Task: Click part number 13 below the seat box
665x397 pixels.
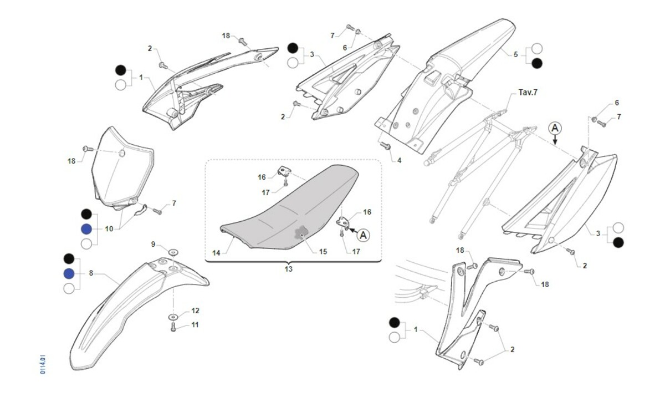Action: pyautogui.click(x=288, y=269)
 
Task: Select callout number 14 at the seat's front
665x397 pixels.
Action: pyautogui.click(x=216, y=253)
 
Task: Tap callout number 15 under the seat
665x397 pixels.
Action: pyautogui.click(x=323, y=251)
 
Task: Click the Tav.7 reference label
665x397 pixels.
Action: pyautogui.click(x=528, y=92)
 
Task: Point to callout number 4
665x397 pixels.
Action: pyautogui.click(x=398, y=160)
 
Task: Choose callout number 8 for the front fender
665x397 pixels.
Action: pyautogui.click(x=91, y=273)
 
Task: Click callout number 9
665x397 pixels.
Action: pyautogui.click(x=154, y=244)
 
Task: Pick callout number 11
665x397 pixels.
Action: pyautogui.click(x=195, y=325)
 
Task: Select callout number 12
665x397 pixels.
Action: pyautogui.click(x=195, y=311)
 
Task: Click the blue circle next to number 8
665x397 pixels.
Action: pyautogui.click(x=69, y=273)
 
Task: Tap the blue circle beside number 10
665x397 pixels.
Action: pyautogui.click(x=86, y=229)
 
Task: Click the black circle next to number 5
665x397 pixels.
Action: pyautogui.click(x=537, y=63)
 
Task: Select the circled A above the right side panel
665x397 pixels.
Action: pyautogui.click(x=555, y=129)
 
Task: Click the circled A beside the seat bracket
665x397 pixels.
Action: pyautogui.click(x=363, y=235)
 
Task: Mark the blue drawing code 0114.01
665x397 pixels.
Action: pyautogui.click(x=43, y=360)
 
